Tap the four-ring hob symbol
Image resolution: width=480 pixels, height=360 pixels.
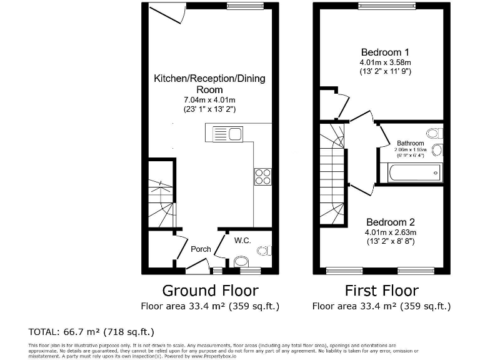pos(262,176)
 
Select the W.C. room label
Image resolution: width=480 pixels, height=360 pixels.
pos(243,239)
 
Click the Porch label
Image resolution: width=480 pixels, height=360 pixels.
pos(201,249)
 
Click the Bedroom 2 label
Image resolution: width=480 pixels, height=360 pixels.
pos(390,222)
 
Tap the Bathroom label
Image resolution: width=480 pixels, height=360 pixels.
pos(410,143)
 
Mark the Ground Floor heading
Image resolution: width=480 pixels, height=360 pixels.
pos(210,291)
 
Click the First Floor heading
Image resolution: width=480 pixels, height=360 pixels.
pos(381,291)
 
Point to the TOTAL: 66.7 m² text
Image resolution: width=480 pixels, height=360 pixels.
pos(91,331)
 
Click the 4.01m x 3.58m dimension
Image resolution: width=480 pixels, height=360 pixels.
pos(385,62)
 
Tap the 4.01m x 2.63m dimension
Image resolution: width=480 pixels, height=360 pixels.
pos(390,232)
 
